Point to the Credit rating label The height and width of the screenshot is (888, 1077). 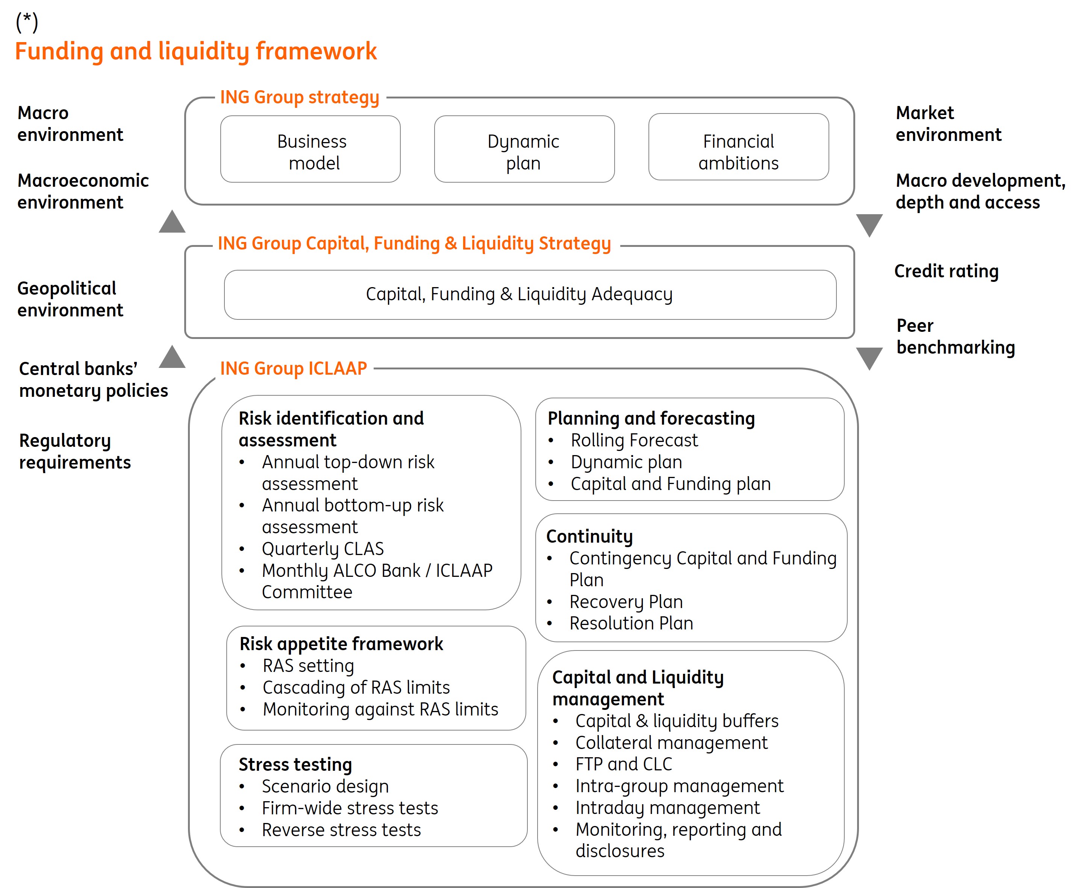pos(946,271)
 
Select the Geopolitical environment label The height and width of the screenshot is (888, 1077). pos(70,299)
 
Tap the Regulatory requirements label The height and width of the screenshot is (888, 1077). pos(75,451)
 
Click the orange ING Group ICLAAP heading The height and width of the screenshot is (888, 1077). pos(293,368)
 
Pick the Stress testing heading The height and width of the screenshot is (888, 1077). pos(295,764)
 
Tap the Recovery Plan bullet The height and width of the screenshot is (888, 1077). pos(626,602)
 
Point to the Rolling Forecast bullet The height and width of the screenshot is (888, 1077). pos(634,440)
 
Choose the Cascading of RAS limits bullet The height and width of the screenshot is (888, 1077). pos(356,687)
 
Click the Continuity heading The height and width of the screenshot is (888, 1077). pos(589,537)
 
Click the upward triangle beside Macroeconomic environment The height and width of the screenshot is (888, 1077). pos(172,222)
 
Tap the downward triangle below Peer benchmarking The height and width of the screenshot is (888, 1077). pos(869,357)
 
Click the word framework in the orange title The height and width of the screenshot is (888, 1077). pos(316,51)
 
